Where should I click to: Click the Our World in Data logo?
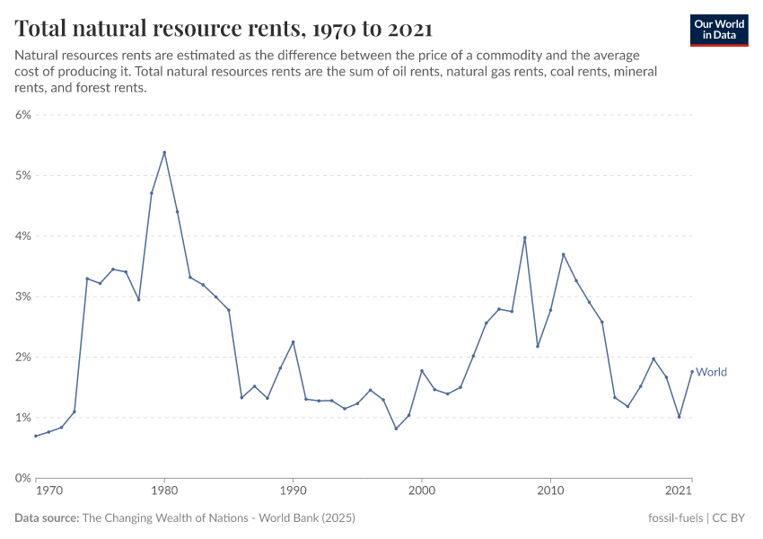(x=718, y=30)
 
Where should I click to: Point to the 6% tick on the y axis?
(x=22, y=115)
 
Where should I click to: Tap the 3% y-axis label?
(x=22, y=296)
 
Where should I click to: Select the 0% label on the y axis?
(x=22, y=478)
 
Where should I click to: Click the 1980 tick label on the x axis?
(x=164, y=490)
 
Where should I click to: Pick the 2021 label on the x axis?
(x=680, y=490)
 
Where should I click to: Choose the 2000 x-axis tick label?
(x=422, y=490)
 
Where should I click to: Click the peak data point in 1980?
(x=164, y=153)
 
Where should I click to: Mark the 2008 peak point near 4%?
(x=525, y=238)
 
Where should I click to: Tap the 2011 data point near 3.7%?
(x=564, y=254)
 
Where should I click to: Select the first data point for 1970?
(x=36, y=436)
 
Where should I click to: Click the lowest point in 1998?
(x=396, y=429)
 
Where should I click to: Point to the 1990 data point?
(x=294, y=342)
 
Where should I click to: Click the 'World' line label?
(x=711, y=372)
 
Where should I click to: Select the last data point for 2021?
(x=692, y=372)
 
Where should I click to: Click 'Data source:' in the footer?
(x=47, y=518)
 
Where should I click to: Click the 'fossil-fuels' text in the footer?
(x=676, y=518)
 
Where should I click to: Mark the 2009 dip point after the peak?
(x=538, y=346)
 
